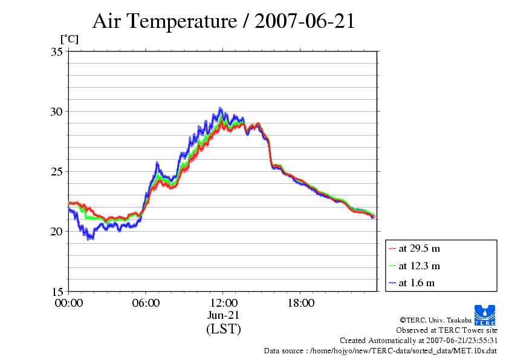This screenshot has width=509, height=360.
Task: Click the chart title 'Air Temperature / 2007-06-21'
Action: pyautogui.click(x=223, y=21)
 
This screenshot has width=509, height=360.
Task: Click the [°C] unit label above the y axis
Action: pyautogui.click(x=69, y=39)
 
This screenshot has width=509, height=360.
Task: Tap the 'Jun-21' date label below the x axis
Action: pyautogui.click(x=223, y=315)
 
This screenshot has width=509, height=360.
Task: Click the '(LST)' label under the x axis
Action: pyautogui.click(x=223, y=329)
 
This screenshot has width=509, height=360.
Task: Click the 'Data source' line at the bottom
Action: pyautogui.click(x=380, y=350)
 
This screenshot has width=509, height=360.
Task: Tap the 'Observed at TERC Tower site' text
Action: pyautogui.click(x=447, y=330)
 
